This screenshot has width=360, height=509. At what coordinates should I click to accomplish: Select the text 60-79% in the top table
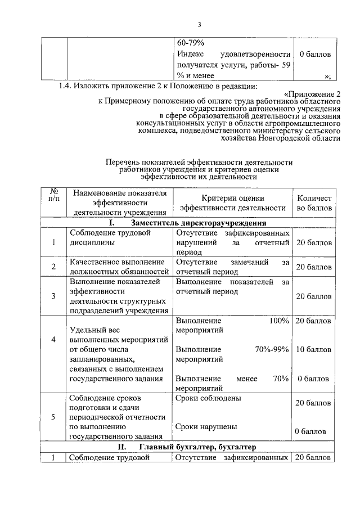190,42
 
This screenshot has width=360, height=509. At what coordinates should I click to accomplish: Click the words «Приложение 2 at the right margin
312,94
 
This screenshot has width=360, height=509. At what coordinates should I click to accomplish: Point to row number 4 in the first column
53,340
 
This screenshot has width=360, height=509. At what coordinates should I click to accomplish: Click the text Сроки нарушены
206,426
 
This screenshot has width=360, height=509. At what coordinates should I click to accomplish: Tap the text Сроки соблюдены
209,398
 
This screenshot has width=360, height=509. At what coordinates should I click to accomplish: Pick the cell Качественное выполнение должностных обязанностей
119,267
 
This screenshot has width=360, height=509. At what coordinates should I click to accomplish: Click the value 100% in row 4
279,320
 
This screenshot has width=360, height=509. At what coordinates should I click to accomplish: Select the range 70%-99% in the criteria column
272,349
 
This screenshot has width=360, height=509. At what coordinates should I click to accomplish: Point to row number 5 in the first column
53,417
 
